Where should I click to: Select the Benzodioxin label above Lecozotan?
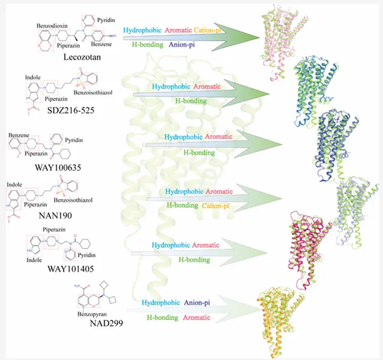tap(52, 25)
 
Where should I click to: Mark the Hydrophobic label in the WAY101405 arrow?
tap(170, 245)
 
